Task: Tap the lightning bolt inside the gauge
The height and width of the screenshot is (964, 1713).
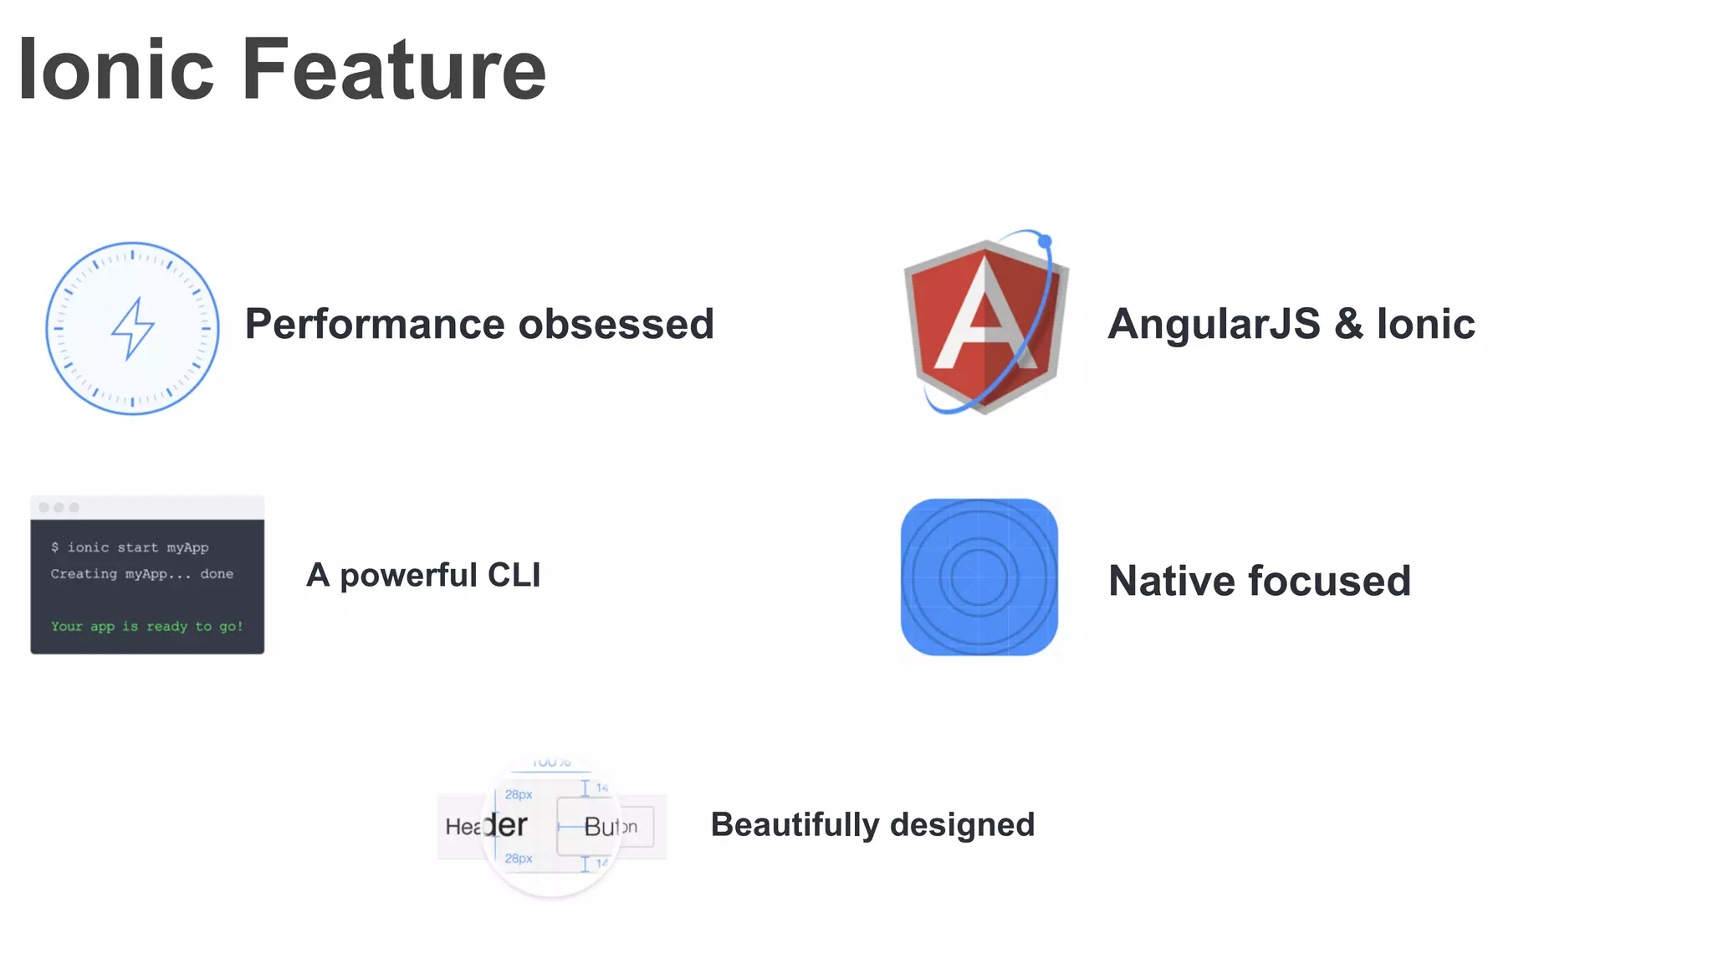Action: pyautogui.click(x=132, y=328)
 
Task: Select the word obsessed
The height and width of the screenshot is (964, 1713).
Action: pyautogui.click(x=616, y=325)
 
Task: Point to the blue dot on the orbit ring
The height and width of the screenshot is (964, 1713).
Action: pyautogui.click(x=1045, y=241)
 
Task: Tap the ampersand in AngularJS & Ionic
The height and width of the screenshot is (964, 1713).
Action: pyautogui.click(x=1348, y=325)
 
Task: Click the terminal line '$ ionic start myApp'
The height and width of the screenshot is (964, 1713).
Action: pyautogui.click(x=130, y=547)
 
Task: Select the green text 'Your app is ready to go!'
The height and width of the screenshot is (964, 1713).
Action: pyautogui.click(x=146, y=626)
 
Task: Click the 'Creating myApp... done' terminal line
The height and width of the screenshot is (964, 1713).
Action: pyautogui.click(x=141, y=574)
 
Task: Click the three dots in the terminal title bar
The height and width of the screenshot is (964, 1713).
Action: pyautogui.click(x=59, y=507)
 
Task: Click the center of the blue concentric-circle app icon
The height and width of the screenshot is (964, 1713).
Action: pyautogui.click(x=979, y=577)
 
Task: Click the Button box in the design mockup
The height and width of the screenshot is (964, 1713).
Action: pyautogui.click(x=606, y=826)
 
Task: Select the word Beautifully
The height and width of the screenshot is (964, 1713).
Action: pyautogui.click(x=795, y=825)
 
